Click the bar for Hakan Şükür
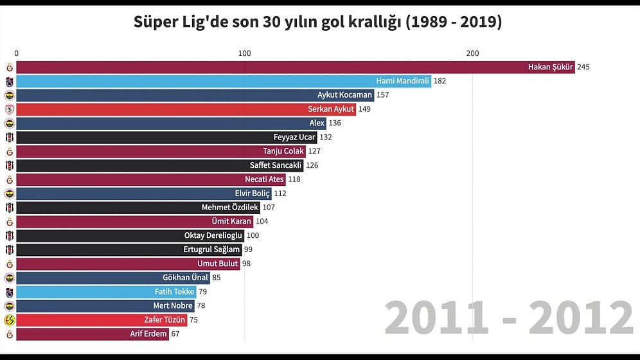(x=296, y=67)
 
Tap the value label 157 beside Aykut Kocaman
(x=382, y=95)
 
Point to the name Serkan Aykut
(x=331, y=109)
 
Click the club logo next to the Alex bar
(x=9, y=123)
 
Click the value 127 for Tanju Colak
(x=332, y=152)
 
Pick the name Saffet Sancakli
(x=276, y=165)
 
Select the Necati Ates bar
(x=151, y=179)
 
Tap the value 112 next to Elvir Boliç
(x=280, y=194)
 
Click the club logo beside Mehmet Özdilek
(x=9, y=208)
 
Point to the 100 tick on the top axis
(x=244, y=53)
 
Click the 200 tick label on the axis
(x=472, y=53)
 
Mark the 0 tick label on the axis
(x=17, y=53)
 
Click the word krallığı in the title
(x=366, y=22)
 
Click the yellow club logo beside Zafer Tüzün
(x=9, y=320)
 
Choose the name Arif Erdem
(x=148, y=334)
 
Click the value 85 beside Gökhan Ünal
(x=217, y=278)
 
